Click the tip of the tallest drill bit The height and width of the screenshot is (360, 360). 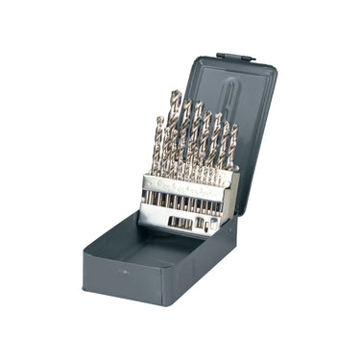(175, 93)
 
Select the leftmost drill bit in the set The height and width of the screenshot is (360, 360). (157, 144)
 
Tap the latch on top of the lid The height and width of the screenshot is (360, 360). (234, 58)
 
